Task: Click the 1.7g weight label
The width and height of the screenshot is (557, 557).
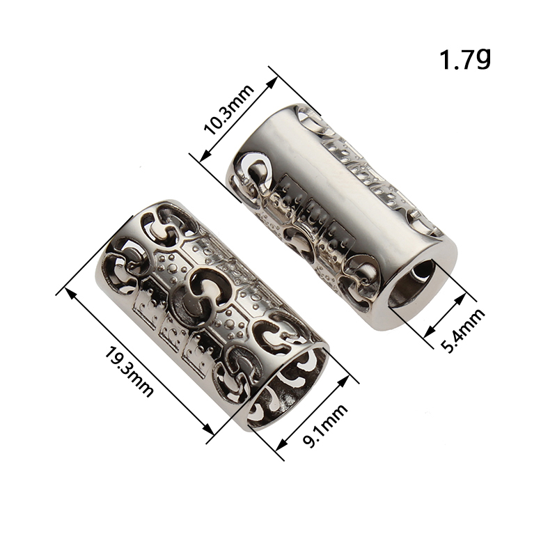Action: (465, 59)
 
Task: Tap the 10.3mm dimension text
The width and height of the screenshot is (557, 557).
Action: (229, 110)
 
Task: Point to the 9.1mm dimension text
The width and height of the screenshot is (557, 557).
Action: (324, 425)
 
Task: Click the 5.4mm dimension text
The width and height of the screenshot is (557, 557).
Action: (462, 330)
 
